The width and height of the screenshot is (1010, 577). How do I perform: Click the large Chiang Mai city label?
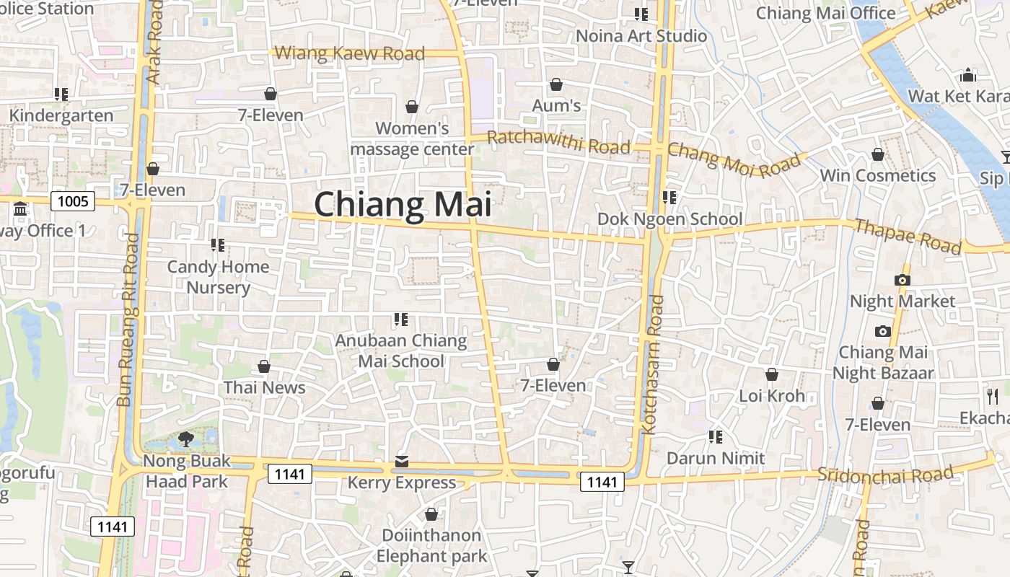(x=403, y=204)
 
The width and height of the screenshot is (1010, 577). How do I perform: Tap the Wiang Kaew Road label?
(x=350, y=53)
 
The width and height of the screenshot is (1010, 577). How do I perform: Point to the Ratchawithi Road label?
(x=559, y=142)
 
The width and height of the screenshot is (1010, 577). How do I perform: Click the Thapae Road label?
(x=908, y=237)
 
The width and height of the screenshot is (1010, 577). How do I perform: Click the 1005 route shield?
(x=73, y=201)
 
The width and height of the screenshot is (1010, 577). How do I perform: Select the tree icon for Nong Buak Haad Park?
(x=186, y=439)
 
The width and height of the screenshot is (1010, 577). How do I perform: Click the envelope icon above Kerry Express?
(x=402, y=461)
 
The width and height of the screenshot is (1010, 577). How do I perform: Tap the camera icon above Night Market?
(x=902, y=280)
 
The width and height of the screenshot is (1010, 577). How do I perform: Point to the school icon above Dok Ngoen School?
(x=669, y=197)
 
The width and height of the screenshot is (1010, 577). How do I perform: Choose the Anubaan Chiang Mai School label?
(x=401, y=351)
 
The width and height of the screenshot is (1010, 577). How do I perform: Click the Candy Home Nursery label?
(x=218, y=277)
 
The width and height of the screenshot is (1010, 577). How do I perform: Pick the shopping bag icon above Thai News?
(x=264, y=366)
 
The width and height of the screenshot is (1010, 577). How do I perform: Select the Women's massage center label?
(x=412, y=138)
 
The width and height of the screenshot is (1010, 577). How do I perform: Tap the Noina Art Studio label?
(x=641, y=35)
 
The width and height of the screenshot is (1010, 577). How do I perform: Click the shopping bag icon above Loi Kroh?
(x=772, y=374)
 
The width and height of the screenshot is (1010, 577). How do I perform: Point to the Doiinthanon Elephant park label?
(x=431, y=545)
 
